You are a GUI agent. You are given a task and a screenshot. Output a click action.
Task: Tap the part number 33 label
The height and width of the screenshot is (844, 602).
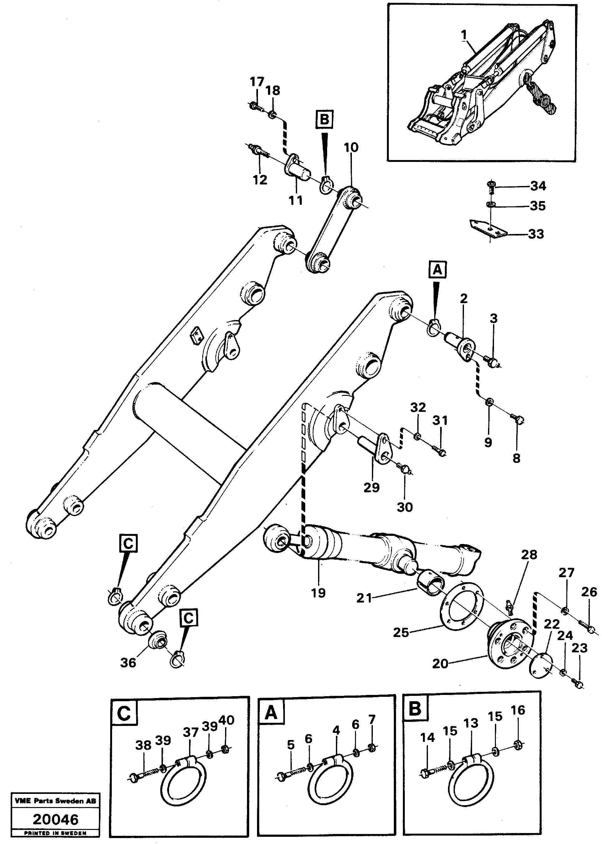tap(536, 234)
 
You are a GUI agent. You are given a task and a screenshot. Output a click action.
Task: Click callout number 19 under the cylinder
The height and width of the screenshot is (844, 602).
tap(318, 593)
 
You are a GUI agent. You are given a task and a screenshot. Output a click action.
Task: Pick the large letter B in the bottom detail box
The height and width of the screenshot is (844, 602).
tap(414, 709)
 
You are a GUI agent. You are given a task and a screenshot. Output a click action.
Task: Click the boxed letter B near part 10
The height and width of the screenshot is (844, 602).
tap(324, 119)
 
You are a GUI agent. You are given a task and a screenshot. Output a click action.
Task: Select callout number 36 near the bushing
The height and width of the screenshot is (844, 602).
tap(128, 662)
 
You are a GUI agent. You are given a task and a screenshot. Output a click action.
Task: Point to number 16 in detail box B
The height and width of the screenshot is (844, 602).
tap(518, 710)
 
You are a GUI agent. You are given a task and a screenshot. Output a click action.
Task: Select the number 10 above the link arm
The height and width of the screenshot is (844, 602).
tap(351, 148)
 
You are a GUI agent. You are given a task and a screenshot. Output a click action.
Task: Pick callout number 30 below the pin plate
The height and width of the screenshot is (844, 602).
tap(404, 507)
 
